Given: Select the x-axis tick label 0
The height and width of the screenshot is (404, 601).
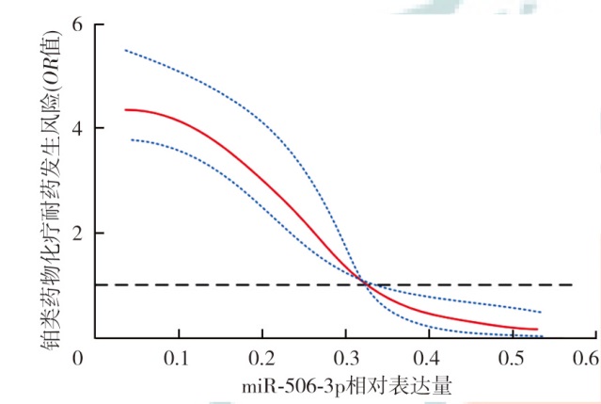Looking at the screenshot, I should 78,358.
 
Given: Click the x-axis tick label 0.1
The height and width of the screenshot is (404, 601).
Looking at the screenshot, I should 175,358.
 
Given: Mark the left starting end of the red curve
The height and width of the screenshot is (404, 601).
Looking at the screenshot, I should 125,110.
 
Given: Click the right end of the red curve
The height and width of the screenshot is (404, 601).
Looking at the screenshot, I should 537,329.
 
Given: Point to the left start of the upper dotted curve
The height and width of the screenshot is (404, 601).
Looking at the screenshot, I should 125,50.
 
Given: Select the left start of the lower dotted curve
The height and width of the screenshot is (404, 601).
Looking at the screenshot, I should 131,139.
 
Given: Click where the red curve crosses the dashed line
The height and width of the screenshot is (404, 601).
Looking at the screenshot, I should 366,284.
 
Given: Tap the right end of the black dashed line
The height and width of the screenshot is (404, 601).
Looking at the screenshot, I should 572,284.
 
